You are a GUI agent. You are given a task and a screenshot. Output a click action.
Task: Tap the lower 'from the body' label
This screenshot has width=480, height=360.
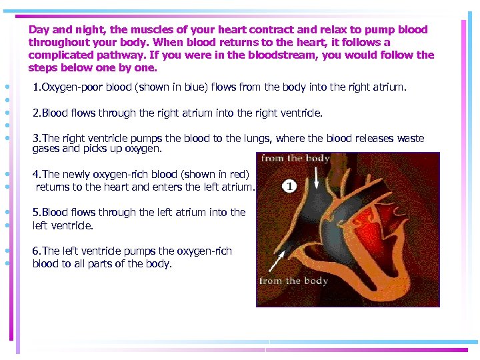(x=293, y=281)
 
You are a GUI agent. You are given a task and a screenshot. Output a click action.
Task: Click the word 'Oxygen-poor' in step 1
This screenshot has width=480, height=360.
(x=70, y=87)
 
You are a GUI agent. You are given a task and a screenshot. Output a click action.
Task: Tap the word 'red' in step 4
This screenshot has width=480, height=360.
(x=237, y=175)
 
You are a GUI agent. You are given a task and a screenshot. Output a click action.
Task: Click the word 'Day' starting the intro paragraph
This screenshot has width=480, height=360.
(x=39, y=30)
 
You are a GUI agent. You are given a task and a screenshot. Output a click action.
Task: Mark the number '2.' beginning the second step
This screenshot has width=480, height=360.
(x=37, y=113)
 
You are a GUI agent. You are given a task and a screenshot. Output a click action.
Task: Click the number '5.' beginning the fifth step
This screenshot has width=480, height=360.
(x=37, y=213)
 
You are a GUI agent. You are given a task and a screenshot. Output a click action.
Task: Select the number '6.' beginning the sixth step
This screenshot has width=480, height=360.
(x=37, y=251)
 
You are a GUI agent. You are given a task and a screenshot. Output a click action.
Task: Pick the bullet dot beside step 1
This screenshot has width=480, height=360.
(x=6, y=87)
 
